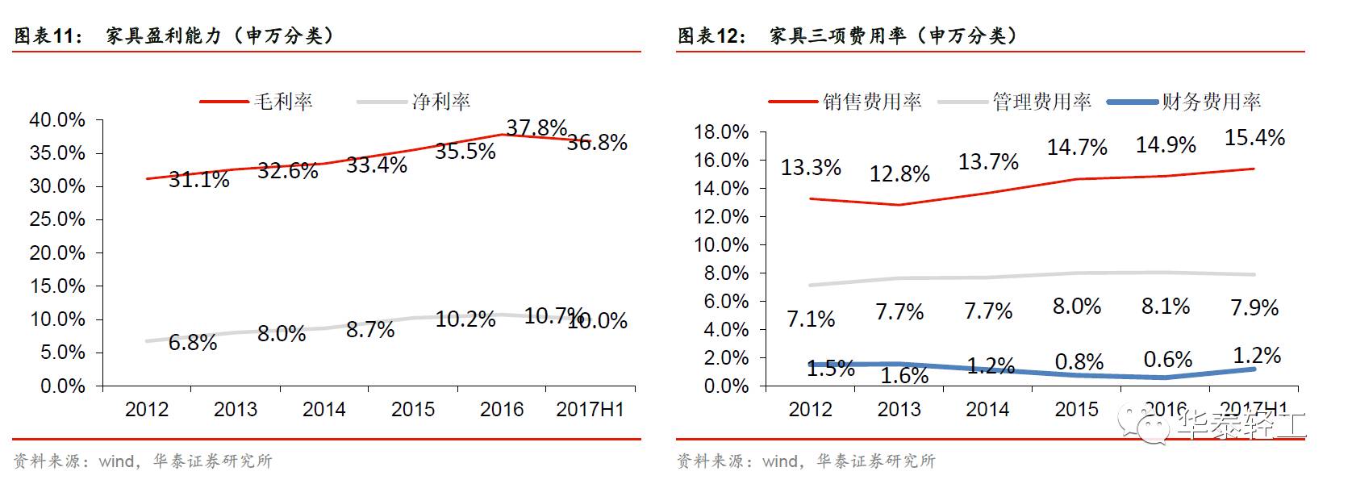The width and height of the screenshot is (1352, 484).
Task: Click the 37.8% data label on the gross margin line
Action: coord(536,128)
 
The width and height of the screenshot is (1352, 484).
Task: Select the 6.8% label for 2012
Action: coord(193,343)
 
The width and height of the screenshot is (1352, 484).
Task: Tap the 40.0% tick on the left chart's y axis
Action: coord(56,120)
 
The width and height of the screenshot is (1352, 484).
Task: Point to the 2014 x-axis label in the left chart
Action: coord(323,410)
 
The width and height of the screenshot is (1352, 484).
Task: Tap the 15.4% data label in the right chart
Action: coord(1254,138)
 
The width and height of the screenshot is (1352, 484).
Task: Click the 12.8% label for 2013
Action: coord(899,174)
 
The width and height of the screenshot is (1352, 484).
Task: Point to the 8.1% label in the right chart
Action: coord(1166,307)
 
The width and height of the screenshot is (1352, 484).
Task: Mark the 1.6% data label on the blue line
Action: coord(904,376)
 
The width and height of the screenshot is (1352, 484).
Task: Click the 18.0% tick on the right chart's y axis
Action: coord(721,132)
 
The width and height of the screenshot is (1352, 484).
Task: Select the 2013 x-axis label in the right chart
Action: coord(899,410)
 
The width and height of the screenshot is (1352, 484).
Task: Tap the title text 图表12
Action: coord(711,36)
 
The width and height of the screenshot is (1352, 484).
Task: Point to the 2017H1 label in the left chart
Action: coord(590,410)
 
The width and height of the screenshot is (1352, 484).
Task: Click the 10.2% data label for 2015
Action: coord(465,319)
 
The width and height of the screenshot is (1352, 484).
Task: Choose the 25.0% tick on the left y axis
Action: coord(56,219)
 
